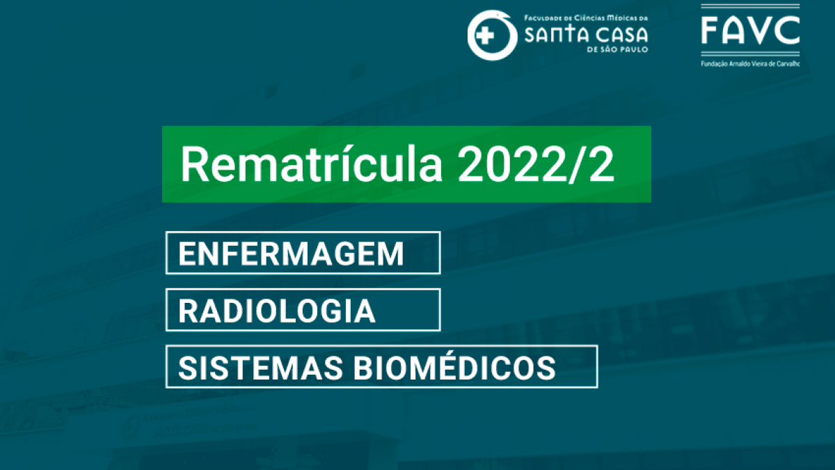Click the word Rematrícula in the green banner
[x=311, y=164]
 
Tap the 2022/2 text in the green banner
[x=536, y=164]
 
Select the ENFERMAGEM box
[x=303, y=253]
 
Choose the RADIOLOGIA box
[x=303, y=310]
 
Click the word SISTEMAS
[x=260, y=368]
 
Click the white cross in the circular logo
[x=485, y=36]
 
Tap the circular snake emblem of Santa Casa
[x=493, y=35]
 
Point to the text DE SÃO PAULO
[x=617, y=49]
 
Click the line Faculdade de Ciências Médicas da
[x=587, y=18]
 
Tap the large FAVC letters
[x=750, y=30]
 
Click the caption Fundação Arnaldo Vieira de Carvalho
[x=750, y=64]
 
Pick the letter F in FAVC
[x=710, y=30]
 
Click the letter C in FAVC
[x=787, y=30]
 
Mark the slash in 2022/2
[x=575, y=164]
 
